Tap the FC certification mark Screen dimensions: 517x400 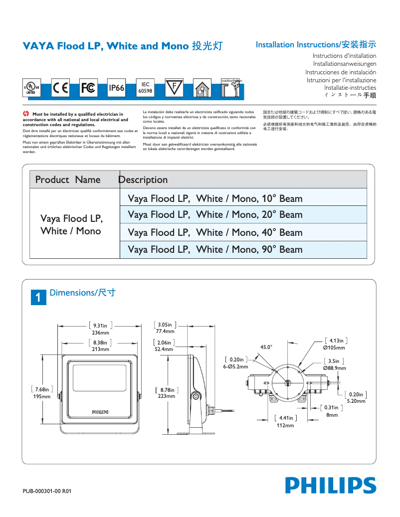point(88,88)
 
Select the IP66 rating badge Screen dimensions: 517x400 point(116,88)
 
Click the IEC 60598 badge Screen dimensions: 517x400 point(145,88)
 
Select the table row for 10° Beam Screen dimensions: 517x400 point(243,198)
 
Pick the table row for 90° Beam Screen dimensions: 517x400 point(243,249)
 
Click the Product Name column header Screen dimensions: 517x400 point(68,179)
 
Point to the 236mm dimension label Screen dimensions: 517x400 point(100,333)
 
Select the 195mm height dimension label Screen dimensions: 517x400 point(42,396)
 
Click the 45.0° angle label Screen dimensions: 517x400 point(266,347)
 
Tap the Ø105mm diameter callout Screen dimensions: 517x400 point(334,347)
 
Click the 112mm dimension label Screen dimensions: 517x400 point(285,425)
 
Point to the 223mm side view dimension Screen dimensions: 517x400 point(167,396)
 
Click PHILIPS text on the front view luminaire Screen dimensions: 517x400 point(100,412)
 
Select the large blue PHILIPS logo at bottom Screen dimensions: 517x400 point(330,486)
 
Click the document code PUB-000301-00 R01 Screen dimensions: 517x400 point(47,491)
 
